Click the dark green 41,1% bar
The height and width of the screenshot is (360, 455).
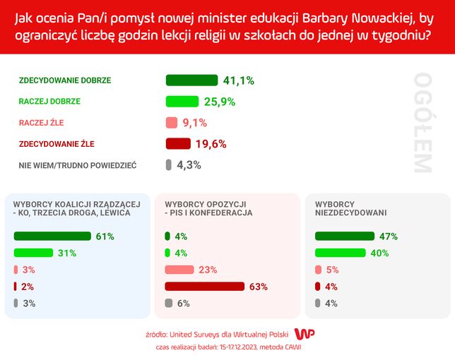(191, 80)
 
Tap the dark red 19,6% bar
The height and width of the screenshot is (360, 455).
(178, 144)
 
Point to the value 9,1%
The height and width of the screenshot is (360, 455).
(194, 123)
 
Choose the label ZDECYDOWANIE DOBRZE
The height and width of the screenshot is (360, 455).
(65, 80)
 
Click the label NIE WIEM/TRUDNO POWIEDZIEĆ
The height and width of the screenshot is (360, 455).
(78, 165)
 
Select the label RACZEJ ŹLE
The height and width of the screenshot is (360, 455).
(41, 123)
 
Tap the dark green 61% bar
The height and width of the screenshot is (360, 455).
(52, 236)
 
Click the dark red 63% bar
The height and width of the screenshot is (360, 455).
(204, 287)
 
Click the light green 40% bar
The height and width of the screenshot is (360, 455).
(341, 253)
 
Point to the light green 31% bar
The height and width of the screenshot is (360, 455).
(33, 253)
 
